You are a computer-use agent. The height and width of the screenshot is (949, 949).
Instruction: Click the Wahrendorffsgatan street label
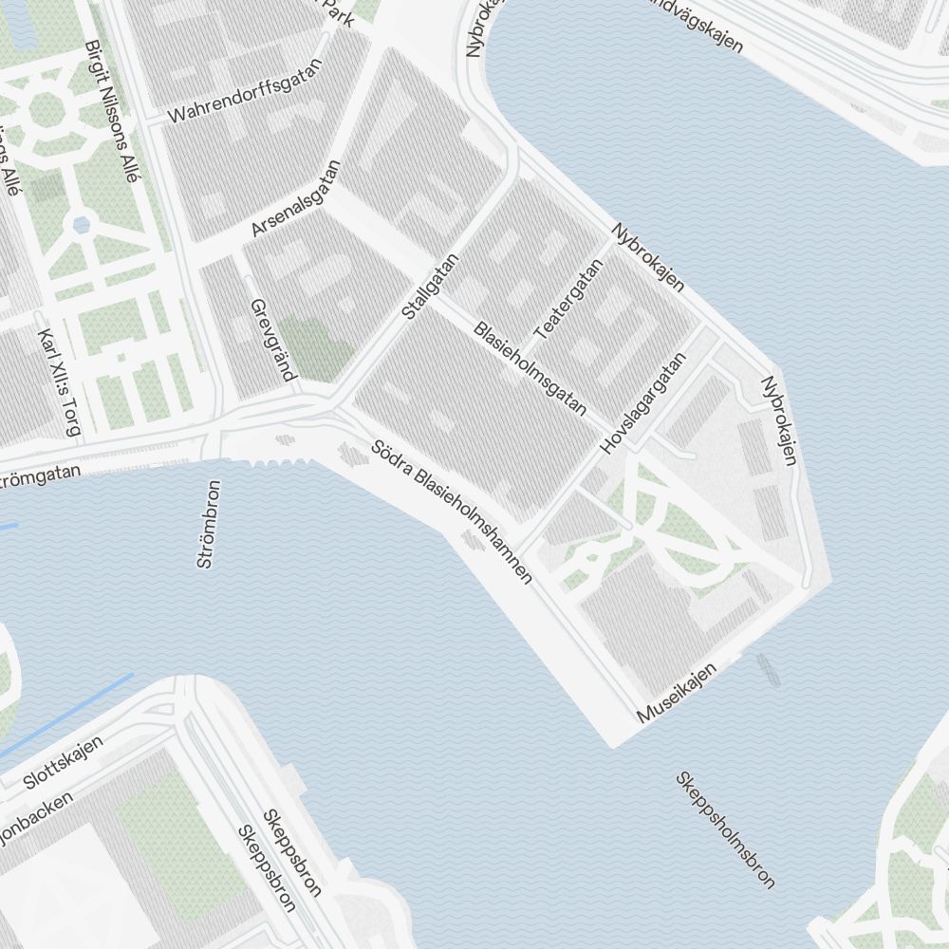[x=245, y=91]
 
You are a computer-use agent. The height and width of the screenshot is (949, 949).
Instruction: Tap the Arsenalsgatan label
[x=295, y=199]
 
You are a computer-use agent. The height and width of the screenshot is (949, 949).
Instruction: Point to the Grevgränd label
[x=271, y=340]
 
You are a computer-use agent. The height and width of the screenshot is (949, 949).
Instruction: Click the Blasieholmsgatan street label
[x=530, y=369]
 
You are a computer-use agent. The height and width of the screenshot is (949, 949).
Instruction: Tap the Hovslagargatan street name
[x=642, y=403]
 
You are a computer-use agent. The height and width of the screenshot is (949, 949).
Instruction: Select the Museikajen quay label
[x=677, y=693]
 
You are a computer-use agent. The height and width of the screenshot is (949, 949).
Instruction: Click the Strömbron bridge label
[x=209, y=524]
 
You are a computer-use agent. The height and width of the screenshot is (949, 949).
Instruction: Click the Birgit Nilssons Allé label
[x=111, y=91]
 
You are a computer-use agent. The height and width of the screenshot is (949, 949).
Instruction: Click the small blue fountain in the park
[x=81, y=225]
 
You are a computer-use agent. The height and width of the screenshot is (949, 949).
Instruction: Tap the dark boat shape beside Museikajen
[x=768, y=669]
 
